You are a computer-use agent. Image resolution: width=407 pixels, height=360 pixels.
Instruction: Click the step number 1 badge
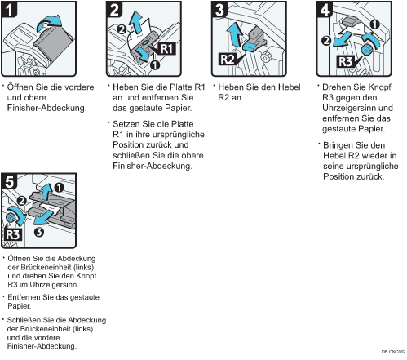tap(9, 10)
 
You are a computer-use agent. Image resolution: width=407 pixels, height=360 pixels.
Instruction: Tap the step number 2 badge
tap(114, 10)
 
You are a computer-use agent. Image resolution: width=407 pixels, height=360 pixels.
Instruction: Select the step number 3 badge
tap(219, 10)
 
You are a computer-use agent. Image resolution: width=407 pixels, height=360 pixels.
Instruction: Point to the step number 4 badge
tap(325, 10)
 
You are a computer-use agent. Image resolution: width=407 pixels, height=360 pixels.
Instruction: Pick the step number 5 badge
tap(10, 181)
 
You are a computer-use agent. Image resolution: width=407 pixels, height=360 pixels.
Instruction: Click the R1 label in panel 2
tap(166, 49)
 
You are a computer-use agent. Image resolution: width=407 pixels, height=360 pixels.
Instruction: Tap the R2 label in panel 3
tap(228, 60)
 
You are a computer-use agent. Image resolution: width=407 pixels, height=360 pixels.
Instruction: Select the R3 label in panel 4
tap(345, 61)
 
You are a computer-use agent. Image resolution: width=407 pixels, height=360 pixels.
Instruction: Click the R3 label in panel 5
tap(13, 234)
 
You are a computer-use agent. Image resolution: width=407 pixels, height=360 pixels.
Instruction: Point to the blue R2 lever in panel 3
tap(250, 46)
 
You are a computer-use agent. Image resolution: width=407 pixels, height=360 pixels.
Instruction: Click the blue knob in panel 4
tap(367, 50)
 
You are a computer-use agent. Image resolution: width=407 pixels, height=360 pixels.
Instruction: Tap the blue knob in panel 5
tap(11, 217)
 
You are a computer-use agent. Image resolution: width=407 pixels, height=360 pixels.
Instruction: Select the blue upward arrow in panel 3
tap(235, 34)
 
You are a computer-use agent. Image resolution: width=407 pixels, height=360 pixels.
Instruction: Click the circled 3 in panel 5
tap(39, 232)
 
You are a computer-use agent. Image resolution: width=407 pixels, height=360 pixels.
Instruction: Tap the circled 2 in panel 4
tap(326, 41)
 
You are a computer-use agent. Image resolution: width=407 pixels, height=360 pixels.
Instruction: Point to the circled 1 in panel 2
tap(155, 64)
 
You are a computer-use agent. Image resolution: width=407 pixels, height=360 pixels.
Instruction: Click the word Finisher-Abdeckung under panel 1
tap(46, 108)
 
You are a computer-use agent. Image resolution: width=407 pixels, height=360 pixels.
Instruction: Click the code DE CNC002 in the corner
tap(393, 352)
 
